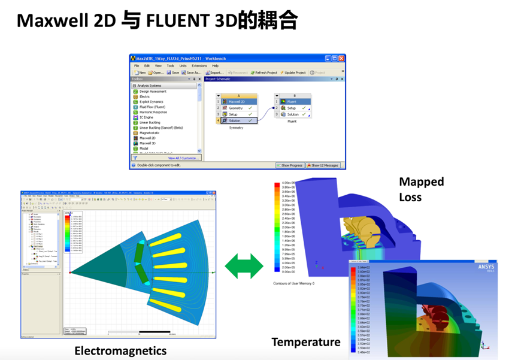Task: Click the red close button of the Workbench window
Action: coord(341,58)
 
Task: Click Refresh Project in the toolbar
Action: coord(263,72)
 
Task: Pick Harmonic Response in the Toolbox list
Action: coord(153,112)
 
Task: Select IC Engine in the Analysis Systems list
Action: coord(147,117)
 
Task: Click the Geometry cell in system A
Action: coord(235,108)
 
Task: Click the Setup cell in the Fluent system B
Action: coord(292,108)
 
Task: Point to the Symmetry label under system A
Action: coord(236,128)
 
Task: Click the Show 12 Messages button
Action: coord(323,165)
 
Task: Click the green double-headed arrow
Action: coord(244,266)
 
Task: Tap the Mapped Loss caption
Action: coord(422,189)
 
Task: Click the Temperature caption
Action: coord(306,342)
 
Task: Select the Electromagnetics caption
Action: coord(120,350)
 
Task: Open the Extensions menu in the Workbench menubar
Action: coord(199,66)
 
